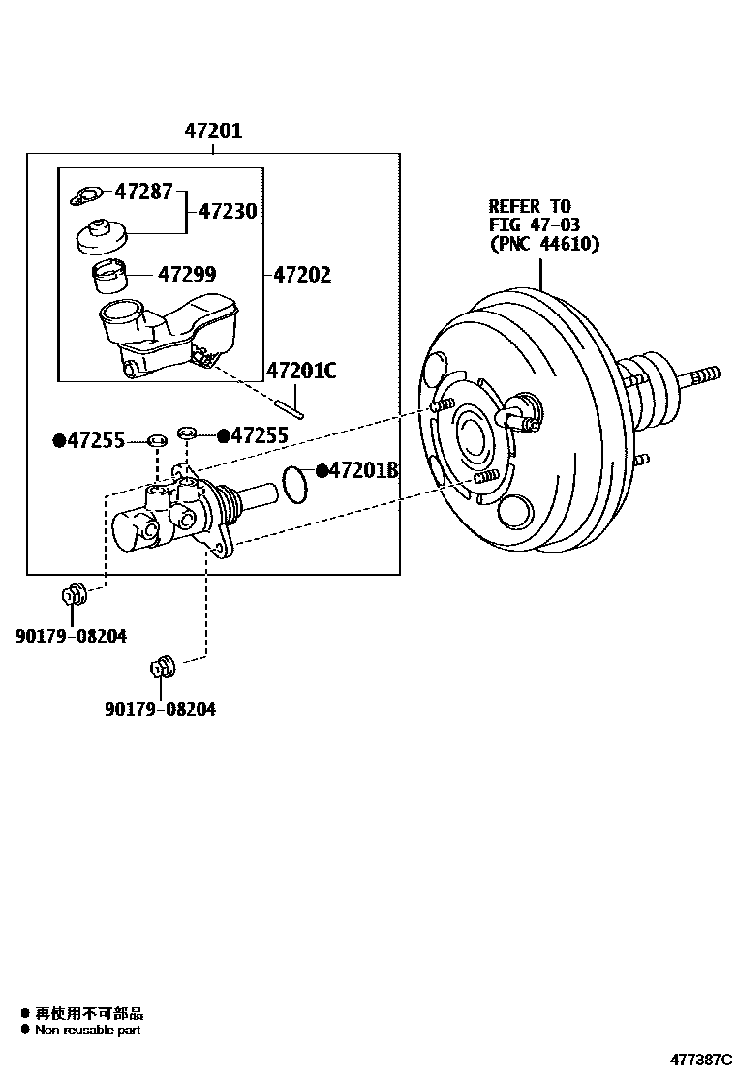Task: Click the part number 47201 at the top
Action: pyautogui.click(x=213, y=131)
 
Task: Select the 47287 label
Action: pyautogui.click(x=143, y=192)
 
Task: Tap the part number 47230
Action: pyautogui.click(x=228, y=211)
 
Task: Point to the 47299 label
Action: pyautogui.click(x=187, y=274)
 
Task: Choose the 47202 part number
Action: pyautogui.click(x=302, y=275)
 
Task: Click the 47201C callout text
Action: pyautogui.click(x=301, y=371)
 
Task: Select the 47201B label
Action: pyautogui.click(x=363, y=470)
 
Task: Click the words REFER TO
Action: pyautogui.click(x=530, y=206)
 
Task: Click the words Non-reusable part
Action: pyautogui.click(x=88, y=1030)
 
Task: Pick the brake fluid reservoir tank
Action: pyautogui.click(x=169, y=337)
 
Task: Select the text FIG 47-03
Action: pyautogui.click(x=535, y=224)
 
